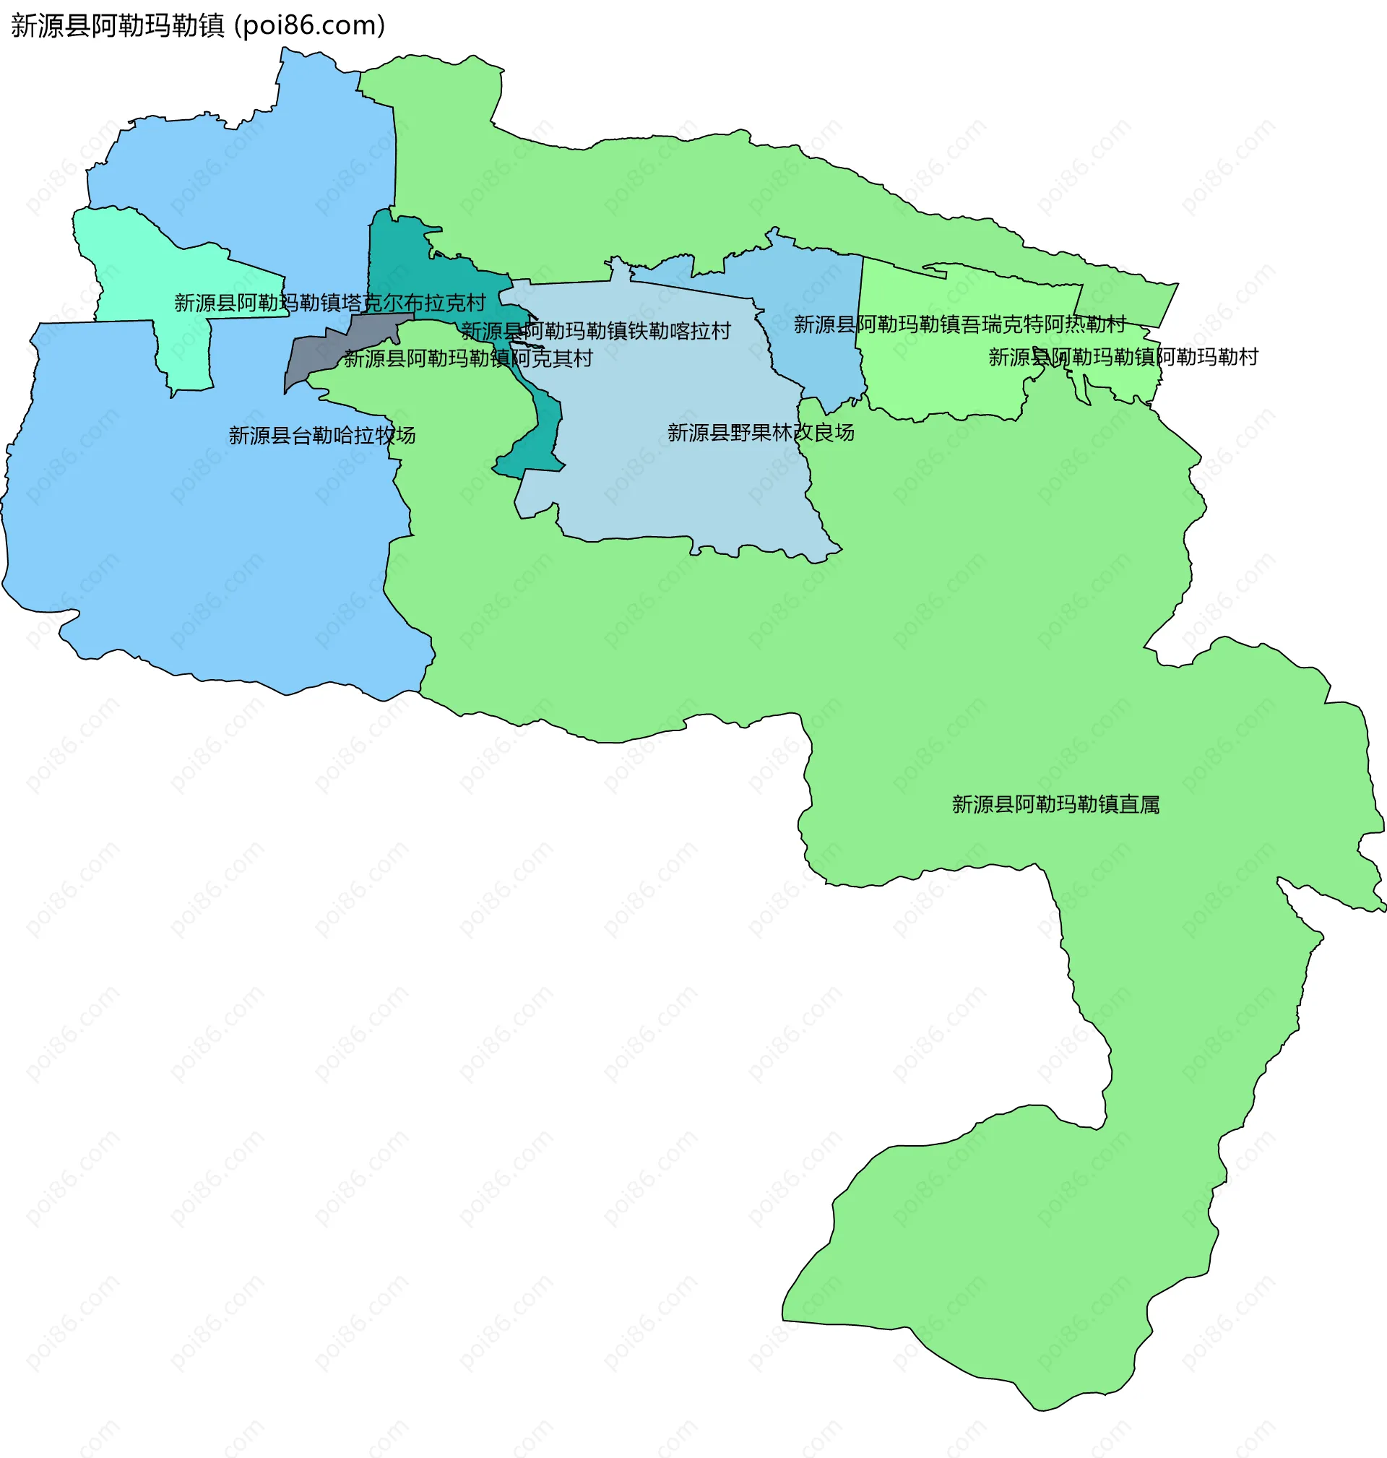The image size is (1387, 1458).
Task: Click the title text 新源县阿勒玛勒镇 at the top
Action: (x=118, y=26)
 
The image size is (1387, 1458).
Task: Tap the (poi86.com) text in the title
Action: (x=309, y=26)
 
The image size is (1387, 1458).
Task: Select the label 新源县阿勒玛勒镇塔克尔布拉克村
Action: (x=329, y=303)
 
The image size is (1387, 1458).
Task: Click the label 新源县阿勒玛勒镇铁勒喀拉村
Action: (x=596, y=330)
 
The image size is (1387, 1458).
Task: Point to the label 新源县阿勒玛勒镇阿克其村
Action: (x=468, y=358)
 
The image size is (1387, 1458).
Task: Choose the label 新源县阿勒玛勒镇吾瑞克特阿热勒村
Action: (x=959, y=324)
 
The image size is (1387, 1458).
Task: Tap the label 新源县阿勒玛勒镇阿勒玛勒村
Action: (x=1123, y=357)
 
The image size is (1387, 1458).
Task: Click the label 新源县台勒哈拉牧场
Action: (x=321, y=436)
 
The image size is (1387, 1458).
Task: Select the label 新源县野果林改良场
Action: (x=761, y=433)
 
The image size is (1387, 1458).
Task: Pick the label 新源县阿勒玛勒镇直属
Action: (x=1055, y=804)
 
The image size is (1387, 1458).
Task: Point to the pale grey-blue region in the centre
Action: (x=665, y=480)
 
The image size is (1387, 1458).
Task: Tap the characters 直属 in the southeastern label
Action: (x=1139, y=804)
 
